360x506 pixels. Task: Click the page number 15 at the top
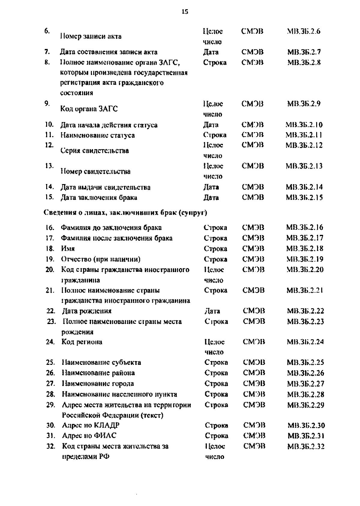pos(185,12)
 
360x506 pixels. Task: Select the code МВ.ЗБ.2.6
pos(304,31)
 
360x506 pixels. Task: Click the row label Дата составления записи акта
pos(109,52)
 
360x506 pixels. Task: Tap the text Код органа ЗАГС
pos(89,109)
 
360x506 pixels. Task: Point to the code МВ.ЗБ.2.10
pos(304,125)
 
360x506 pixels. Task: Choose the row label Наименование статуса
pos(97,135)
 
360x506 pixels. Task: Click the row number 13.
pos(49,166)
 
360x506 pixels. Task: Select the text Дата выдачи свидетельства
pos(106,187)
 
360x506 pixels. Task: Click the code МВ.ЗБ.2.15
pos(304,198)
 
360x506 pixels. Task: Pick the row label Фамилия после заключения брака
pos(117,238)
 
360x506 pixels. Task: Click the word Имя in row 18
pos(68,249)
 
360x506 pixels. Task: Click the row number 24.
pos(50,342)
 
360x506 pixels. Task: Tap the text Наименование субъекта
pos(101,362)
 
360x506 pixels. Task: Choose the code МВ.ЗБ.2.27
pos(306,383)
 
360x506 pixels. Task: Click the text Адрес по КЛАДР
pos(91,425)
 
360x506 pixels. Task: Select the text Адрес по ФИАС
pos(89,435)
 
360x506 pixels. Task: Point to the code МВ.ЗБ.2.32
pos(306,446)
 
